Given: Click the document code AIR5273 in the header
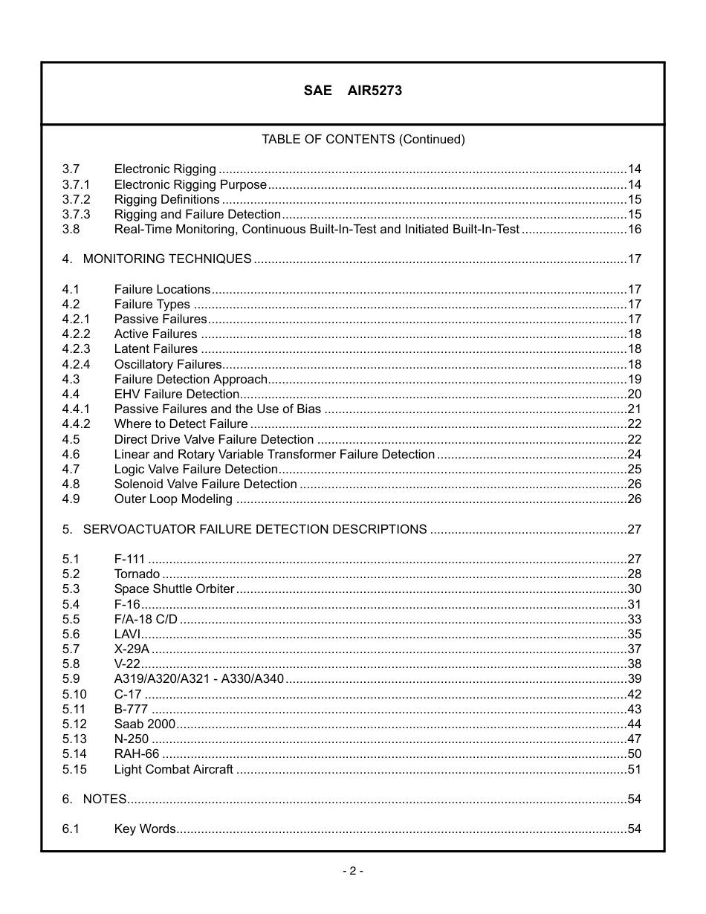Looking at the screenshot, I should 375,91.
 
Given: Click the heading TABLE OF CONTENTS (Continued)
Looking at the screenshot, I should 363,139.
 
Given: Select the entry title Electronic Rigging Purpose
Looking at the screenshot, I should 190,184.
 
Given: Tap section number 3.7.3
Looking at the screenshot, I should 76,214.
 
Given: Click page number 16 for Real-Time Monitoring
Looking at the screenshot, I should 634,229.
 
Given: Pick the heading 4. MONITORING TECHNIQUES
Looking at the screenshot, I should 157,259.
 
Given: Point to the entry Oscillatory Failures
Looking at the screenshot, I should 167,364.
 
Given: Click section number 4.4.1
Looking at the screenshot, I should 76,409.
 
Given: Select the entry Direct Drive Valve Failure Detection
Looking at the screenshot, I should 213,439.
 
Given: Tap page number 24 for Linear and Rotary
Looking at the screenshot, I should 634,454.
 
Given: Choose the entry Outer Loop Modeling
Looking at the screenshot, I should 172,499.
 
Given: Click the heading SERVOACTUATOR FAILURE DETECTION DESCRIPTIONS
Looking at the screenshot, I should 254,529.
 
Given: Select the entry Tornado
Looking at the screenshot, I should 137,574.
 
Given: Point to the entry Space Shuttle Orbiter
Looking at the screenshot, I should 174,589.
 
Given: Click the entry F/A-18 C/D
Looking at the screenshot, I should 146,619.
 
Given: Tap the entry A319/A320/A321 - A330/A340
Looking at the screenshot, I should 198,678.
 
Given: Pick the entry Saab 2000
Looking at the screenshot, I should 144,724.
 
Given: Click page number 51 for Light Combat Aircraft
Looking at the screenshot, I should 634,769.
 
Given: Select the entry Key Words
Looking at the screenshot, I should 144,829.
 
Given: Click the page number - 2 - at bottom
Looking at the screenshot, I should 352,871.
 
